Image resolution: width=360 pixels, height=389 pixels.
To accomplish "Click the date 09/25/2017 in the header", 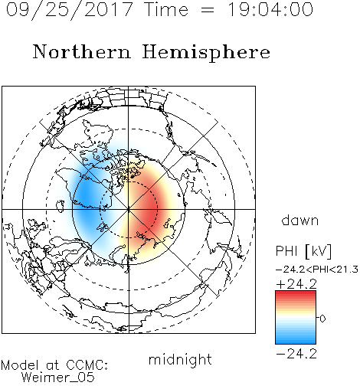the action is click(69, 10).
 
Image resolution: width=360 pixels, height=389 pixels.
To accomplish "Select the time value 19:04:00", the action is click(270, 9).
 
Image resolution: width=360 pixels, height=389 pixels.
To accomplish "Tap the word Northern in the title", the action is click(82, 51).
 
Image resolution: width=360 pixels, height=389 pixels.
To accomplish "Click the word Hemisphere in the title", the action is click(206, 53).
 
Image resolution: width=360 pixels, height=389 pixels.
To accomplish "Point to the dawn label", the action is click(300, 220).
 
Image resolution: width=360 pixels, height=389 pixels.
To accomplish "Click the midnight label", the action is click(180, 359).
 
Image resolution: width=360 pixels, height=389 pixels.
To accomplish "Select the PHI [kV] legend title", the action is click(303, 250).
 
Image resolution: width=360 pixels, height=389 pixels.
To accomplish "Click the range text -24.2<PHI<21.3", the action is click(317, 270).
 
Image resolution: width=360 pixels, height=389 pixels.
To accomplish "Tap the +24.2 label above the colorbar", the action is click(296, 284).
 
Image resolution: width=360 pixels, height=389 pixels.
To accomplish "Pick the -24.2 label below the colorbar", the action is click(296, 354).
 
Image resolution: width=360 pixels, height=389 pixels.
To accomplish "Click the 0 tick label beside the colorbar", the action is click(322, 319).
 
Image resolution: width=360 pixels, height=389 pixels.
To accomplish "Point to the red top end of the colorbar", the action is click(296, 293).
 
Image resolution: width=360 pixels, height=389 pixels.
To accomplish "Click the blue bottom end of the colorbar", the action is click(296, 342).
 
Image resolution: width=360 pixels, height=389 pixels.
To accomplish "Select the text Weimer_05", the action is click(58, 378).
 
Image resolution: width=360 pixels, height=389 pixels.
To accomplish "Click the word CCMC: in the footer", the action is click(87, 365).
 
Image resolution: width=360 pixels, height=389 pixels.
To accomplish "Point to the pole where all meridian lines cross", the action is click(129, 209).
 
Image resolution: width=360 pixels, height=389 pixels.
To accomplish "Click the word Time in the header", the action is click(166, 9).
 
